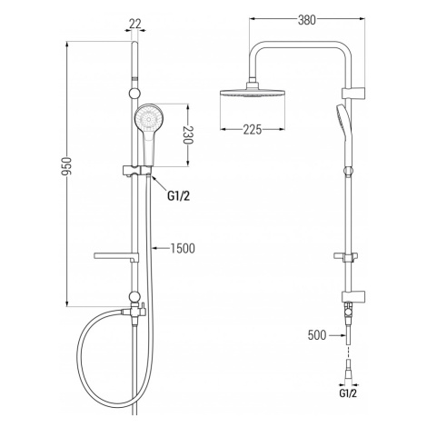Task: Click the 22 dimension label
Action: pyautogui.click(x=135, y=24)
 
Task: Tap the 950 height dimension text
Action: pyautogui.click(x=66, y=166)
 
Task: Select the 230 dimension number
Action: pyautogui.click(x=188, y=134)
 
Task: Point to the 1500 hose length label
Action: pyautogui.click(x=183, y=248)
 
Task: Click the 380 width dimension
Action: pyautogui.click(x=307, y=20)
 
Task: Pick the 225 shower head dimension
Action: pyautogui.click(x=253, y=130)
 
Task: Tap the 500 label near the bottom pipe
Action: pyautogui.click(x=317, y=335)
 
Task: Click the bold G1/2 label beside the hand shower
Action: pyautogui.click(x=179, y=196)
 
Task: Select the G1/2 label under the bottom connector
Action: pyautogui.click(x=348, y=393)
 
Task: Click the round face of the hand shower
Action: pyautogui.click(x=149, y=118)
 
